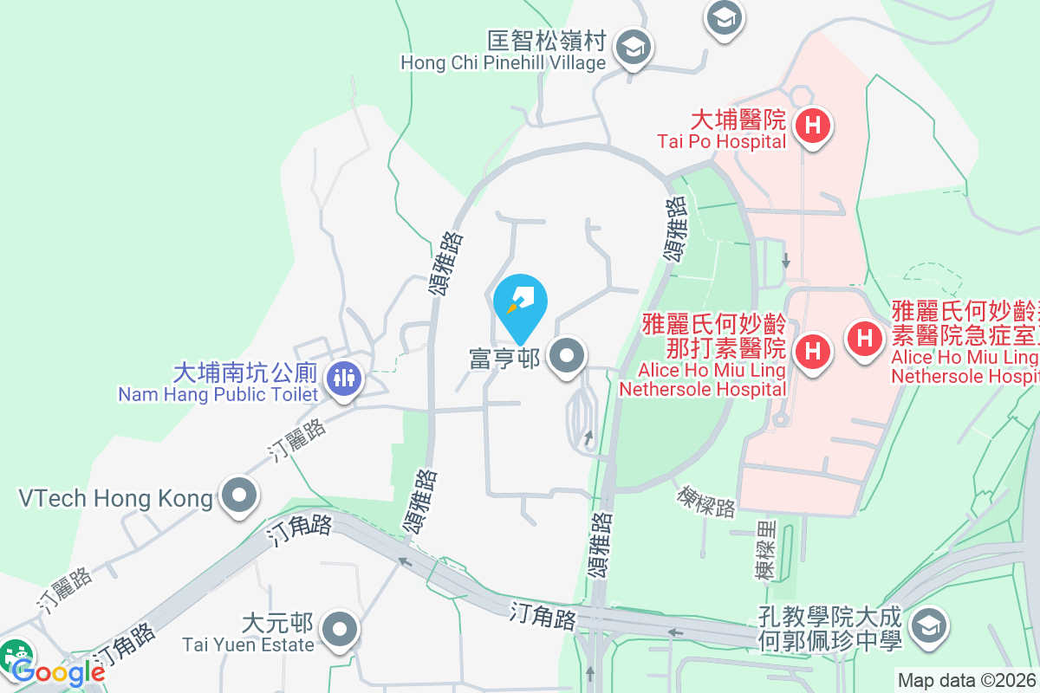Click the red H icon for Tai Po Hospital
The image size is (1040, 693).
pyautogui.click(x=813, y=126)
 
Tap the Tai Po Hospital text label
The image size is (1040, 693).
pyautogui.click(x=721, y=129)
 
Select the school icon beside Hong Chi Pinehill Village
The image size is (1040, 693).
pyautogui.click(x=634, y=49)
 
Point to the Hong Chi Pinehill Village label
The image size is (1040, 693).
pyautogui.click(x=503, y=51)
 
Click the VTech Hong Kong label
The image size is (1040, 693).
pyautogui.click(x=115, y=498)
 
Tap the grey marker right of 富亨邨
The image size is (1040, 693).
pyautogui.click(x=568, y=355)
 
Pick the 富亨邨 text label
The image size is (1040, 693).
pyautogui.click(x=504, y=358)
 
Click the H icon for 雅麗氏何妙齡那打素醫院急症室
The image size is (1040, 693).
pyautogui.click(x=864, y=337)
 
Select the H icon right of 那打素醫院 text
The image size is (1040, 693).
pyautogui.click(x=813, y=352)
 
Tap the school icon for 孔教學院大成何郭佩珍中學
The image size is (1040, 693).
pyautogui.click(x=928, y=624)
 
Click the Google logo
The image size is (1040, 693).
pyautogui.click(x=57, y=671)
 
